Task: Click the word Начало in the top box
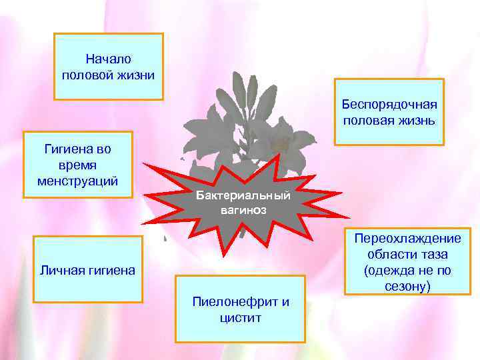pyautogui.click(x=108, y=59)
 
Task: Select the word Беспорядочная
pyautogui.click(x=389, y=105)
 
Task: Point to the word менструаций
pyautogui.click(x=78, y=181)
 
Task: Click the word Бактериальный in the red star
pyautogui.click(x=243, y=196)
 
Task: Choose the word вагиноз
pyautogui.click(x=243, y=209)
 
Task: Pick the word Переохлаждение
pyautogui.click(x=407, y=239)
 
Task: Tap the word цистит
pyautogui.click(x=240, y=317)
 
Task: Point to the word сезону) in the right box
pyautogui.click(x=407, y=287)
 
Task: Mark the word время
pyautogui.click(x=78, y=165)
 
